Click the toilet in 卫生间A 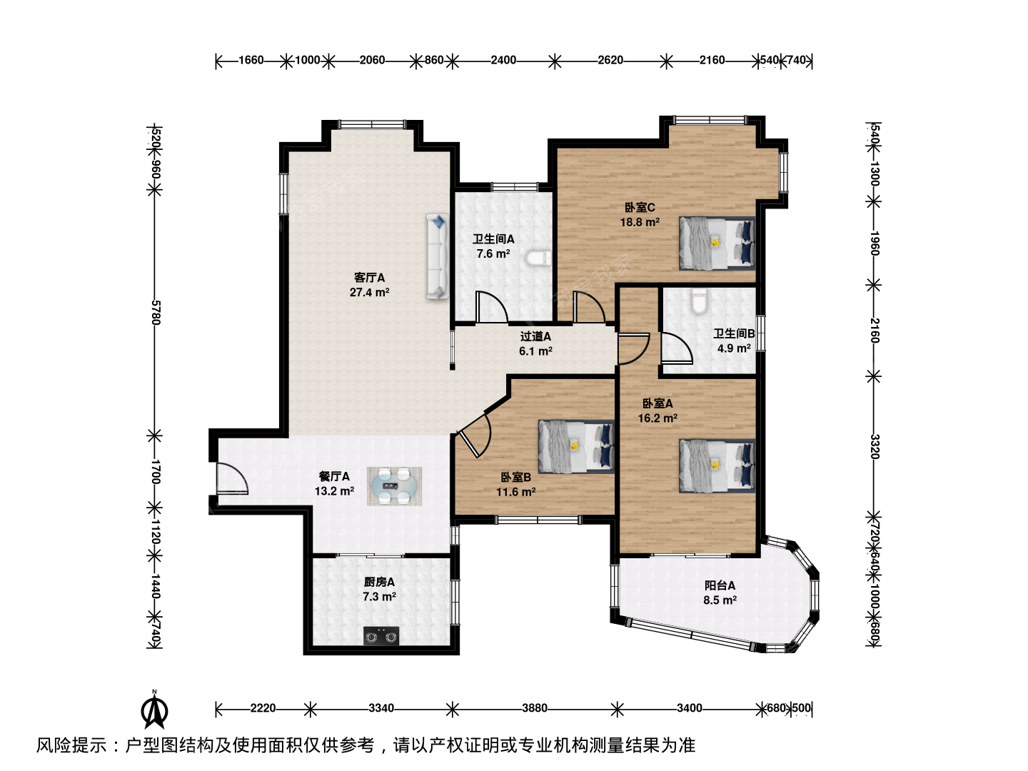[x=538, y=258]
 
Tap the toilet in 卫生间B [x=699, y=301]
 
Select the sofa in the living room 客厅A [x=438, y=256]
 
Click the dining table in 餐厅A [x=394, y=486]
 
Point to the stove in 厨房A [x=381, y=636]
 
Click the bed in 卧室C [x=717, y=243]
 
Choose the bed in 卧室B [x=576, y=446]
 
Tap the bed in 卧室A [x=717, y=465]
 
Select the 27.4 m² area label [x=370, y=293]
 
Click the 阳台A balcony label [x=720, y=585]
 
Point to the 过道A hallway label [x=535, y=336]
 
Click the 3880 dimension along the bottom [x=535, y=707]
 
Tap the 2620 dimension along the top [x=610, y=60]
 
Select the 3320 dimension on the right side [x=875, y=447]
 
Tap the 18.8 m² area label [x=640, y=222]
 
